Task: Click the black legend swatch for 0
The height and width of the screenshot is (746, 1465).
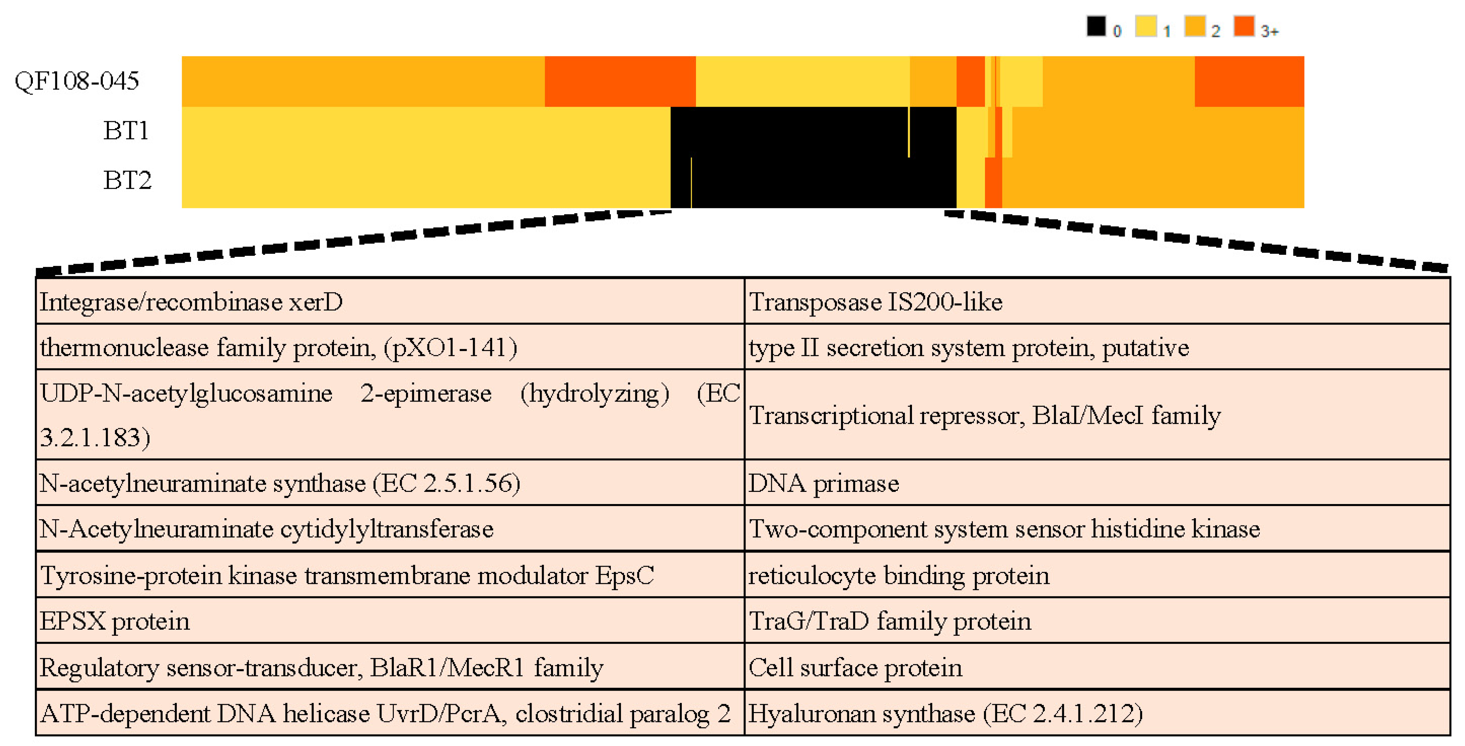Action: (x=1096, y=26)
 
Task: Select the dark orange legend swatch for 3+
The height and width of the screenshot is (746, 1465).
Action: (x=1244, y=26)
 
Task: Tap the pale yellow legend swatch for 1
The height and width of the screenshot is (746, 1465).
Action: (x=1145, y=26)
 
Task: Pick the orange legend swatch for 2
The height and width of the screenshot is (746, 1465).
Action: (x=1194, y=26)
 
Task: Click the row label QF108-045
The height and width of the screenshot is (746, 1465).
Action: (x=77, y=81)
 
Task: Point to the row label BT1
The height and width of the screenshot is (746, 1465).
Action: (x=126, y=131)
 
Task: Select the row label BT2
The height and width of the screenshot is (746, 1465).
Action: (x=127, y=180)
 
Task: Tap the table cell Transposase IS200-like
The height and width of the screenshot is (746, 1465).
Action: (x=876, y=302)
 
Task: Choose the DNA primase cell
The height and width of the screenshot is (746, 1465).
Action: (x=823, y=483)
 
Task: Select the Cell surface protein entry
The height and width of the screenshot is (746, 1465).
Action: (x=855, y=667)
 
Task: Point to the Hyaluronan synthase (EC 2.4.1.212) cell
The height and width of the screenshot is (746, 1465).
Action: (x=945, y=713)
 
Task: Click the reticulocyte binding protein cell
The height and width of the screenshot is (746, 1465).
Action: (x=898, y=575)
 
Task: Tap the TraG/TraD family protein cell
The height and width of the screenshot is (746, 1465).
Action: (x=890, y=621)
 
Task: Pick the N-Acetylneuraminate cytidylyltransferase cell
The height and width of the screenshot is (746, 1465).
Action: (x=266, y=529)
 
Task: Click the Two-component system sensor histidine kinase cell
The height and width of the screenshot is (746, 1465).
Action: (x=1004, y=529)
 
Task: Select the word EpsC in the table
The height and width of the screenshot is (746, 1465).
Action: (x=624, y=575)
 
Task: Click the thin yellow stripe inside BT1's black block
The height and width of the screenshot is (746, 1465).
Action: (x=909, y=132)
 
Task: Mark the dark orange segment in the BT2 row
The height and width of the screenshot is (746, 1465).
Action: (x=993, y=183)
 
